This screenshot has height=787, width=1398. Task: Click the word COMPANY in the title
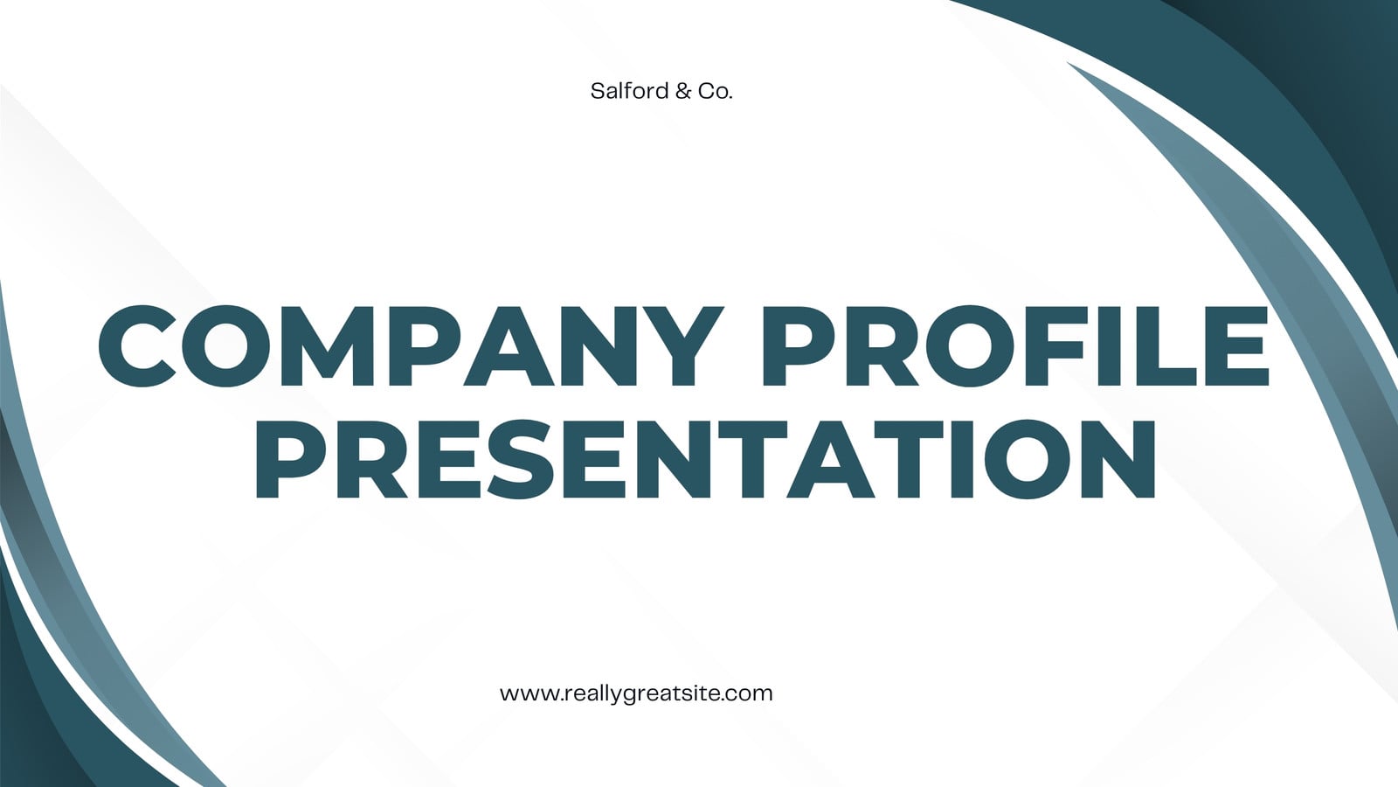pyautogui.click(x=411, y=346)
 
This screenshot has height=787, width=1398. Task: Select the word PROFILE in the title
pyautogui.click(x=1015, y=346)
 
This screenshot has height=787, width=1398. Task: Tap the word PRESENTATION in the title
pyautogui.click(x=705, y=459)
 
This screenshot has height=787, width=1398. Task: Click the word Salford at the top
pyautogui.click(x=630, y=91)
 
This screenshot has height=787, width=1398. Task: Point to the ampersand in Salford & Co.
pyautogui.click(x=683, y=92)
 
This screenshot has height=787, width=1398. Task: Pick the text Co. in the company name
pyautogui.click(x=716, y=92)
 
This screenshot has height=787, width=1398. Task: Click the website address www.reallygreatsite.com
pyautogui.click(x=636, y=694)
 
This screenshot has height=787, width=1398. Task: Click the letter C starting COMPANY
pyautogui.click(x=138, y=346)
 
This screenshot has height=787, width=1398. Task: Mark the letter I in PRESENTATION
pyautogui.click(x=960, y=459)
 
